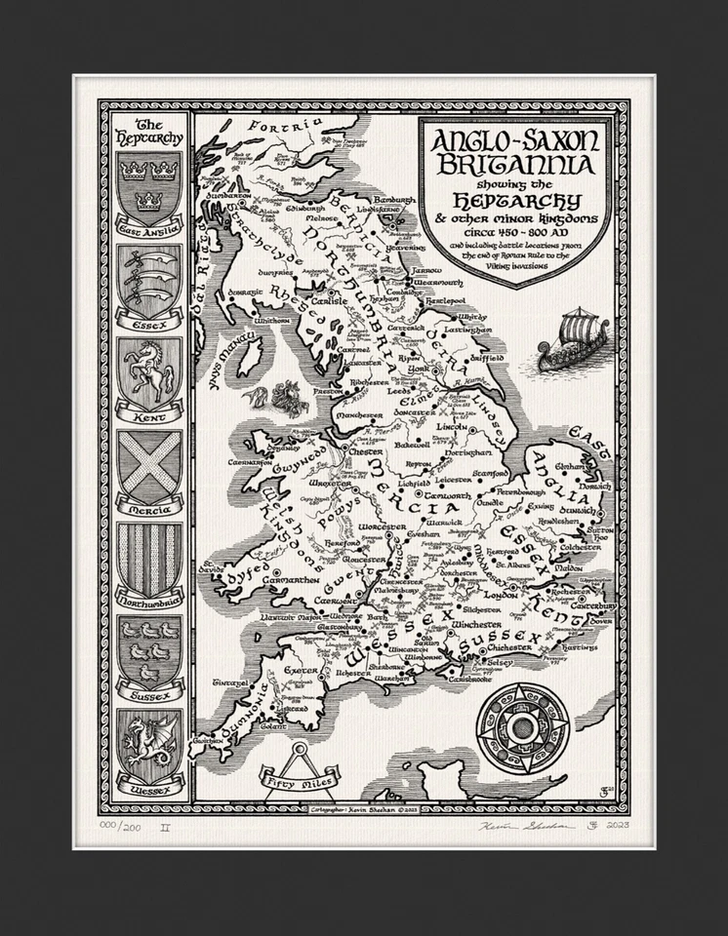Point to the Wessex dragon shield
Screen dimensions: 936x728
coord(145,743)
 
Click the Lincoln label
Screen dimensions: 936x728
coord(452,427)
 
